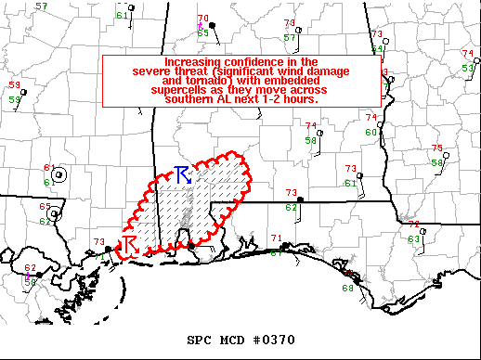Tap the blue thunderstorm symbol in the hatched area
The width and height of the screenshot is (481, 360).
183,174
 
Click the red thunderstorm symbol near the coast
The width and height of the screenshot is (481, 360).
130,243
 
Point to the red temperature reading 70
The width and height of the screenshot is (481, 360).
203,19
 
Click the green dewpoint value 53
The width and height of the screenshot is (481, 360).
466,69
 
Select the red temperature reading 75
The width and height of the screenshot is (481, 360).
436,148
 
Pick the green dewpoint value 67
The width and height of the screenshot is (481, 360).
276,253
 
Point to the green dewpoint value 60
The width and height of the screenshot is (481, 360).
370,132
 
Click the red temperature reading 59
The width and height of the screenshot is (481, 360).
14,85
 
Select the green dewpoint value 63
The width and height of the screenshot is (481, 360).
413,239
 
